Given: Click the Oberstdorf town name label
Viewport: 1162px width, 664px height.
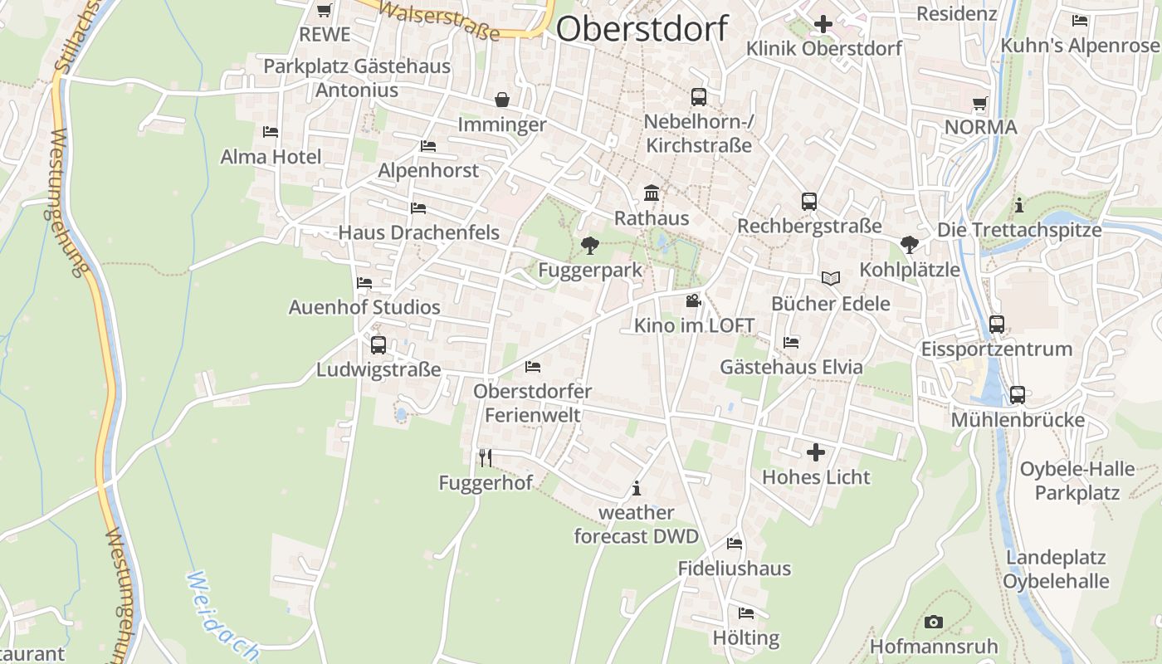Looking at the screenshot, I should [642, 28].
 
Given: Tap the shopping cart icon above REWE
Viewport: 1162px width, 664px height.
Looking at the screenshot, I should [325, 11].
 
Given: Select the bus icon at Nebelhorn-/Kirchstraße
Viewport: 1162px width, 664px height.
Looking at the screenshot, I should [699, 97].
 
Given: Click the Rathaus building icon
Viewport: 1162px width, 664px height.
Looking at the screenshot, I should [652, 193].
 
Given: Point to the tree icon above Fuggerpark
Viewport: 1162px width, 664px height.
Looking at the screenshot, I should [590, 245].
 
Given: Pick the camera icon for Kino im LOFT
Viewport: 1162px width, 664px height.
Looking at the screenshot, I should [693, 300].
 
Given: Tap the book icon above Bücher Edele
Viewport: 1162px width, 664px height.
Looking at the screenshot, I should [831, 279].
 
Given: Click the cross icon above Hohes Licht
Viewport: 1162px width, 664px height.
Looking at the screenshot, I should [816, 452].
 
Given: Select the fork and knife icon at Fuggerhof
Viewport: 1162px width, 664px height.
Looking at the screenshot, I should [486, 457].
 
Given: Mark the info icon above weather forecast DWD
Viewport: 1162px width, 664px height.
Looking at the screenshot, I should [637, 488].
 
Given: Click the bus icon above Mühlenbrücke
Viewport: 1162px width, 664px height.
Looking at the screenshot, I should [1018, 395].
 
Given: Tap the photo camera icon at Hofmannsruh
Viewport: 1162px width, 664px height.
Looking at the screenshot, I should [934, 622].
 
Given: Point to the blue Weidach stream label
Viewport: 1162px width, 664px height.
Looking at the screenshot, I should [221, 614].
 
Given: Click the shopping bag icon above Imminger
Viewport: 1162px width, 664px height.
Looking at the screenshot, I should [502, 100].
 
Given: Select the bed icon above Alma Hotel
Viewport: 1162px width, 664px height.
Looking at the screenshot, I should [270, 132].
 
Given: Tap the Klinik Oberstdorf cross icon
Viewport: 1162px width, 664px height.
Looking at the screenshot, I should [823, 24].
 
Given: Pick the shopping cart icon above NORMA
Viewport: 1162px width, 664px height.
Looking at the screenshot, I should [980, 104].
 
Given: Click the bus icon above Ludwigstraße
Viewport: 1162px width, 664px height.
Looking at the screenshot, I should [378, 344].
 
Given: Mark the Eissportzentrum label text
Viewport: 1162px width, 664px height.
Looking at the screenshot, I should [997, 349].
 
